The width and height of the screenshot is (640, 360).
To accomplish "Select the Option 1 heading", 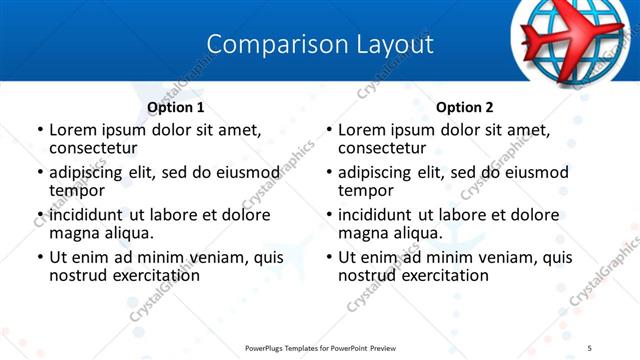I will (x=176, y=107).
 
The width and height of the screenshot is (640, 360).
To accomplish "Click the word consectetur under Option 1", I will (x=93, y=148).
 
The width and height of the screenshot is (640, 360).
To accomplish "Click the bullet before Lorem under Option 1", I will (x=40, y=130).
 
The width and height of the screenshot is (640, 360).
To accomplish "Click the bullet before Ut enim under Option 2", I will (x=329, y=257).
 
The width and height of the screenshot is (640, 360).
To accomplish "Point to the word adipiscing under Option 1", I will (x=86, y=172).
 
